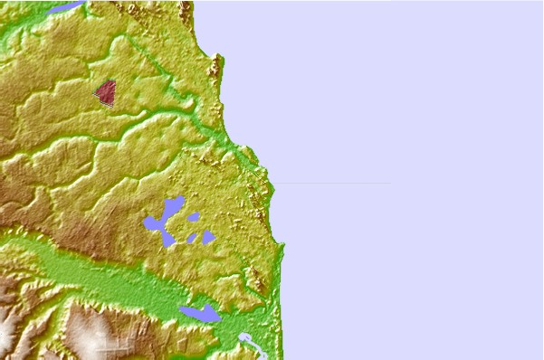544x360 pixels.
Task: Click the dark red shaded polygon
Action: coord(106,92)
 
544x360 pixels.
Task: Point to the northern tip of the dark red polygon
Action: coord(113,81)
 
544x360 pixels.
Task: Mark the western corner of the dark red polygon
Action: coord(94,91)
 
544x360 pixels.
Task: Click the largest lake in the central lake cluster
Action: coord(163,223)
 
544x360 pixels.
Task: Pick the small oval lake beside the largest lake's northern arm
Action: coord(193,216)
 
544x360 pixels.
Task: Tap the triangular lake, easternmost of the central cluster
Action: coord(208,237)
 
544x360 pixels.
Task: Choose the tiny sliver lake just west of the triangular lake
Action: coord(192,238)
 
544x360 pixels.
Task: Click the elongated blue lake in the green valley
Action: coord(199,313)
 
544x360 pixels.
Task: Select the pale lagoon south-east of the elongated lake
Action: coord(245,339)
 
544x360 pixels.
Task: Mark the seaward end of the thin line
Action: coord(390,183)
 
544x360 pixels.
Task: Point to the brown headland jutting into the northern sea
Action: coord(216,65)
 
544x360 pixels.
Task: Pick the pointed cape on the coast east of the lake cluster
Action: coord(282,245)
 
